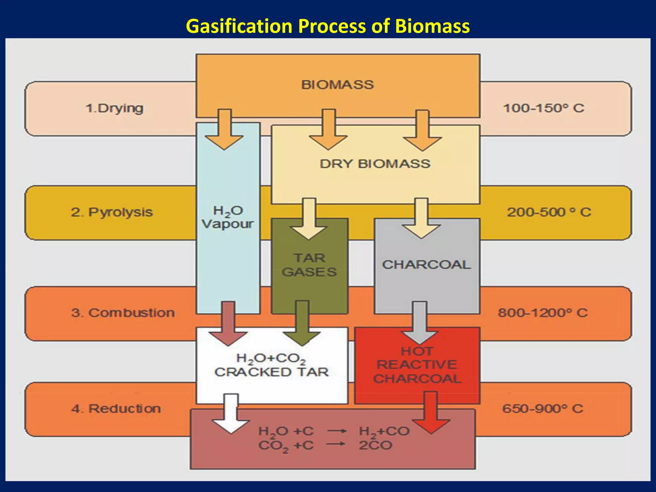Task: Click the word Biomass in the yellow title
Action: [432, 26]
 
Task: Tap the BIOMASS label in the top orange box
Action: [337, 85]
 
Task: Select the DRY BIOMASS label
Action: [375, 164]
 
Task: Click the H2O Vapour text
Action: [228, 217]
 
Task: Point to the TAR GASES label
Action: [309, 265]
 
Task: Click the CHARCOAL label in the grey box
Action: [426, 265]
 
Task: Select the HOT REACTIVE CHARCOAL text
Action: [417, 365]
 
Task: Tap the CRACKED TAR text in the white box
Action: [272, 372]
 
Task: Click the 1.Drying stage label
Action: [114, 108]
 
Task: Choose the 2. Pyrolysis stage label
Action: [112, 212]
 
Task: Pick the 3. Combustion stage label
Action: [123, 313]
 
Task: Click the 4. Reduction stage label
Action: [116, 409]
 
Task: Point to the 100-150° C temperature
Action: [544, 108]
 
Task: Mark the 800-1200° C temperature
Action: [543, 313]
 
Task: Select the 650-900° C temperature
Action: [543, 409]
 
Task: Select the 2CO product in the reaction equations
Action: [375, 446]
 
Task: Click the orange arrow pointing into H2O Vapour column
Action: [224, 131]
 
